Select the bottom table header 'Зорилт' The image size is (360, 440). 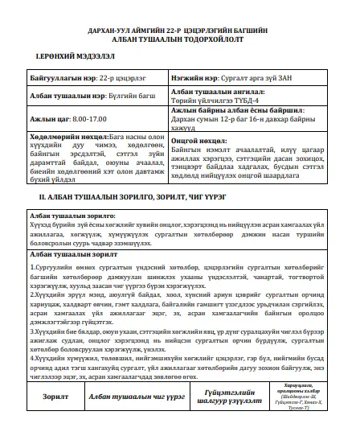point(55,419)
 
